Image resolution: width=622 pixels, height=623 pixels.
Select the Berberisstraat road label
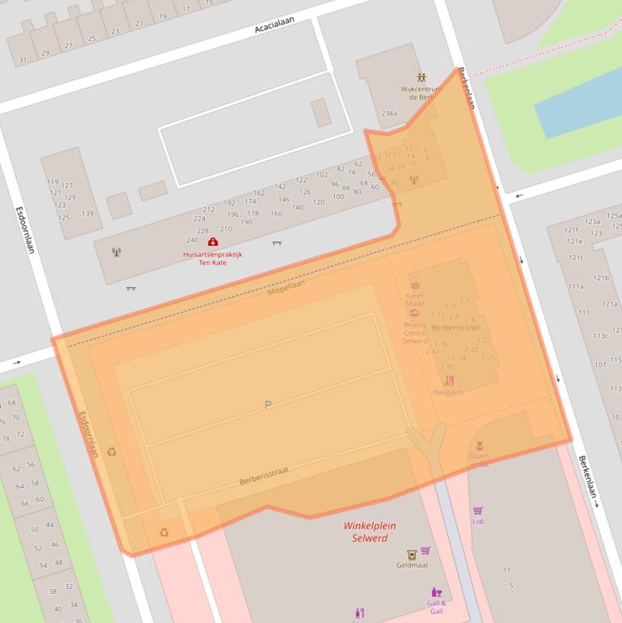pos(264,476)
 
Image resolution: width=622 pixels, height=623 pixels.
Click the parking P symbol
pos(268,405)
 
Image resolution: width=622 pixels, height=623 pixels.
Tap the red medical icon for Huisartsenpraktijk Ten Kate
pos(213,241)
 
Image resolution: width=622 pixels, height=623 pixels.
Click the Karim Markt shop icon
pos(416,286)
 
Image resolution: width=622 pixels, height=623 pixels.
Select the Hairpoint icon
pos(449,380)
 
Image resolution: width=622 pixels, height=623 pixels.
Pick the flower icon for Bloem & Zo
pos(479,446)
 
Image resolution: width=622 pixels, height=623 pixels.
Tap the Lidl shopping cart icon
pos(478,511)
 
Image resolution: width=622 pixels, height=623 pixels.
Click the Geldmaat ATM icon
pos(412,555)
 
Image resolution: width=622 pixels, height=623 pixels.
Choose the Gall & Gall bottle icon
pos(437,592)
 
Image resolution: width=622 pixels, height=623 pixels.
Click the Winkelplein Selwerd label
pos(365,532)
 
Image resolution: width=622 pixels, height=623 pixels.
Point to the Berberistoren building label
pos(456,328)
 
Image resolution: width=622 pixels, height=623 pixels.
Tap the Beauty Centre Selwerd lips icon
pos(415,312)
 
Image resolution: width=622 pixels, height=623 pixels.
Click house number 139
pos(87,214)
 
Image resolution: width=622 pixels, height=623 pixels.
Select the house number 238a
pos(389,113)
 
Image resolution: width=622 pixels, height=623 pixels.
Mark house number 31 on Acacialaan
pos(23,60)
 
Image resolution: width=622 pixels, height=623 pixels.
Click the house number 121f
pos(572,230)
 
